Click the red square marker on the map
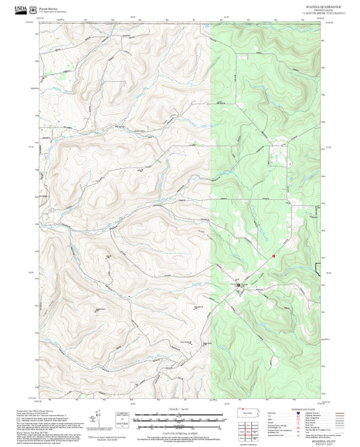point(274,256)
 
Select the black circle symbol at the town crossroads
point(238,287)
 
